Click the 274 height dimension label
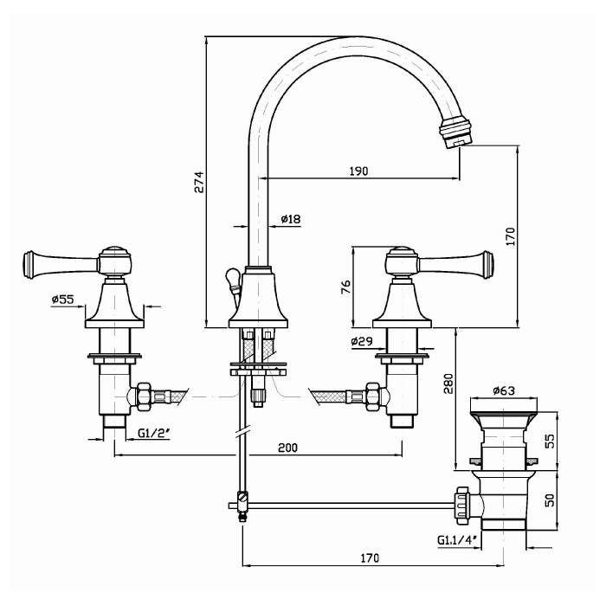198,182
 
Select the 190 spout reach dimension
358,171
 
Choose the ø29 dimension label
362,342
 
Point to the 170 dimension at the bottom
370,558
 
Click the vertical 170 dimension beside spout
510,235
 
